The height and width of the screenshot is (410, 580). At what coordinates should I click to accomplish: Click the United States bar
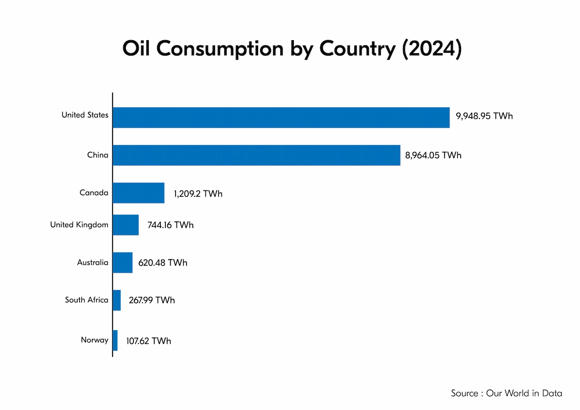coord(281,117)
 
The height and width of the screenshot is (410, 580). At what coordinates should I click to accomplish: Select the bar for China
coord(256,155)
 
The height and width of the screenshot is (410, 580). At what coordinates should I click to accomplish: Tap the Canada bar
coord(138,193)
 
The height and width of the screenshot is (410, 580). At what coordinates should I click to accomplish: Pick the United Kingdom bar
coord(126,225)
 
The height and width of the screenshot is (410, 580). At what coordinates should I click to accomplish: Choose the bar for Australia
coord(122,263)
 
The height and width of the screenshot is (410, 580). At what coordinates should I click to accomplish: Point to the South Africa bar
coord(116,300)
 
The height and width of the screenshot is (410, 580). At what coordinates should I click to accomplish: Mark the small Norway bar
coord(115,340)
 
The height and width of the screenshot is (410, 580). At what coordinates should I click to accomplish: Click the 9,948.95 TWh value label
coord(484,117)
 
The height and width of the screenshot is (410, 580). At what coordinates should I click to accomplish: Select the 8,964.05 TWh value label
coord(433,155)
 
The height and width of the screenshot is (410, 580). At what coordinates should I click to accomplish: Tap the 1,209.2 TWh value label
coord(198,193)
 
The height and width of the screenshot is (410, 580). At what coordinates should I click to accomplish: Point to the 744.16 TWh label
coord(170,225)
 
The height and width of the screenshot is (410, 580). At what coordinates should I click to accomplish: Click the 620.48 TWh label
coord(164,263)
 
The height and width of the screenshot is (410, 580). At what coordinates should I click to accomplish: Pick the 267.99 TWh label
coord(152,300)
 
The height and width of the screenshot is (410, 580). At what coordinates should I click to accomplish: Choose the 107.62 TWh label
coord(148,341)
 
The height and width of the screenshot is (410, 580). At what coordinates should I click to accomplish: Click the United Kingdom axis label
coord(79,224)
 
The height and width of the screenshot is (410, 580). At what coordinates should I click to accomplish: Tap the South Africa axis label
coord(87,300)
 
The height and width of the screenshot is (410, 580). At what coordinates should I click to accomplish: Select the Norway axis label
coord(95,340)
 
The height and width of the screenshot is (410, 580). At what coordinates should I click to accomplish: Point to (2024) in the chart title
coord(432,49)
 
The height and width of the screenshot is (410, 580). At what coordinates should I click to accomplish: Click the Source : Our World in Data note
coord(506,393)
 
